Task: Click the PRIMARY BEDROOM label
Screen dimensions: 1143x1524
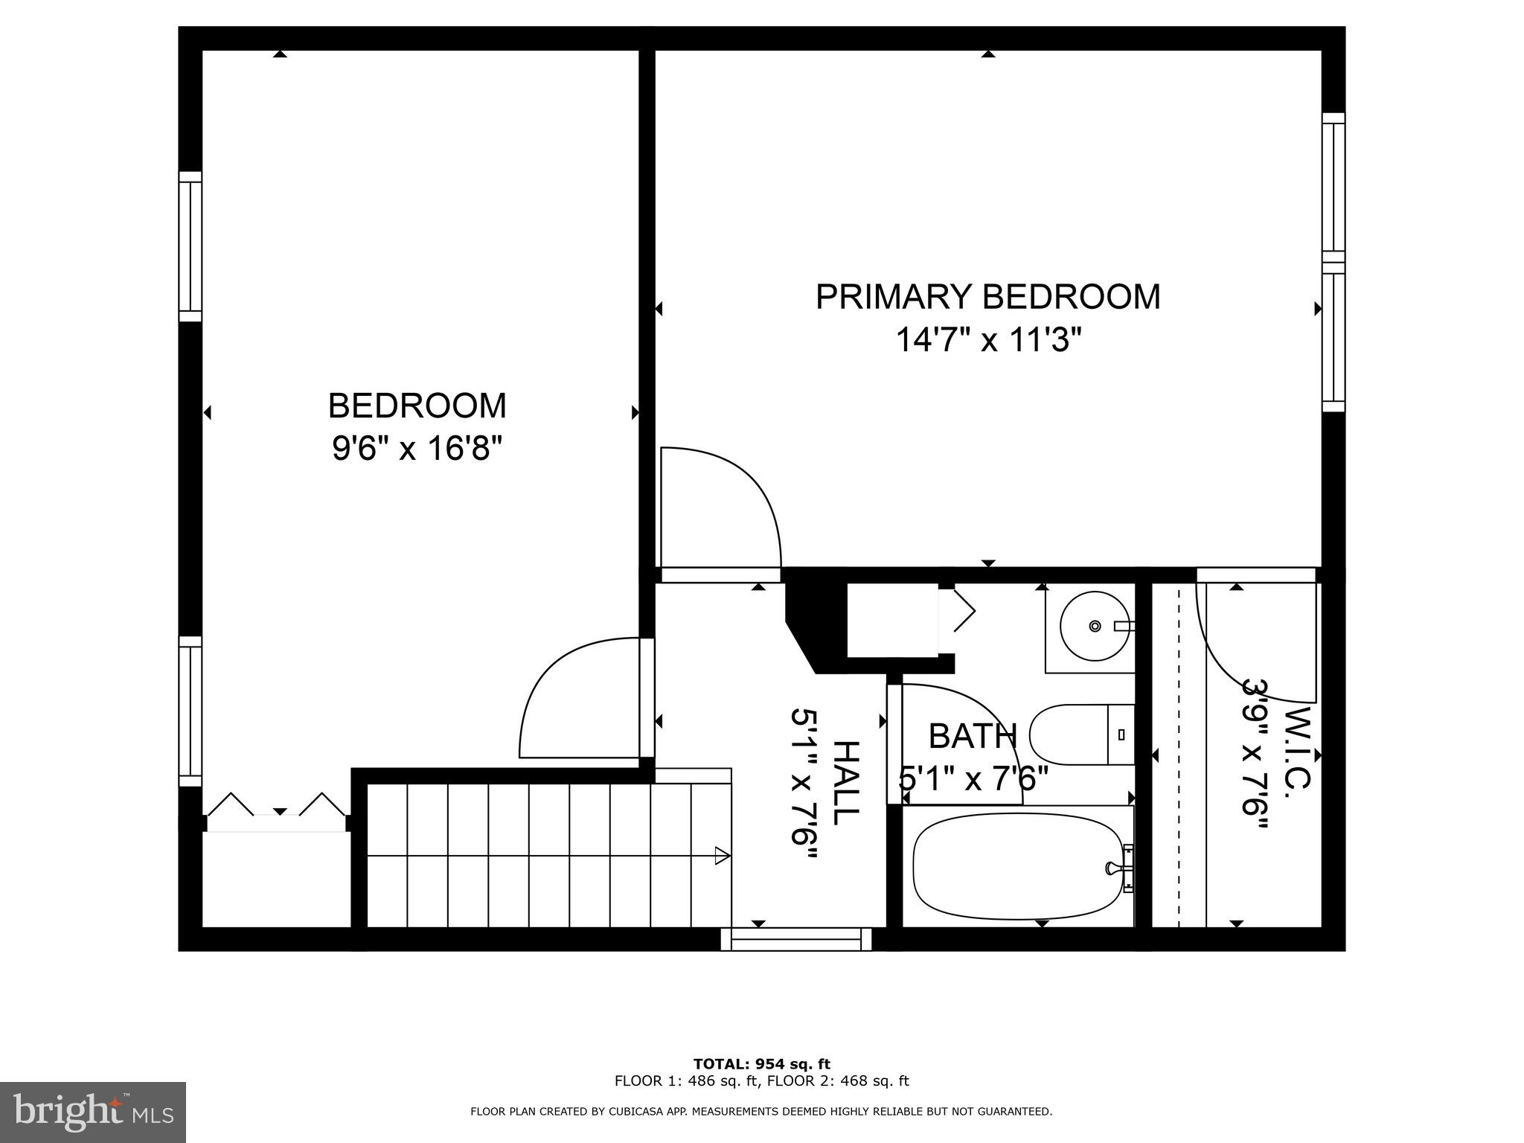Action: click(x=987, y=297)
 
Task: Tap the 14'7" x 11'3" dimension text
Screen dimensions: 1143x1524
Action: click(x=987, y=342)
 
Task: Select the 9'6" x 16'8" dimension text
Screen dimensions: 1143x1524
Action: click(x=417, y=449)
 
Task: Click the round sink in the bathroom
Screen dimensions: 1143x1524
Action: click(x=1095, y=627)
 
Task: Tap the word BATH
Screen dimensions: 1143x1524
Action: click(x=972, y=737)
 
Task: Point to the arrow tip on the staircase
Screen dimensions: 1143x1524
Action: click(x=722, y=856)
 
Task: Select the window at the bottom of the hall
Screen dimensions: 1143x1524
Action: click(x=795, y=939)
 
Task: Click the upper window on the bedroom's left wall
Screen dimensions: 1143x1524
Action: click(x=190, y=246)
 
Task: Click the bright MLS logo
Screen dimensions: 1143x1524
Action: click(x=92, y=1112)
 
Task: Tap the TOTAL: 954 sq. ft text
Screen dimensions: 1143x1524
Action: click(x=761, y=1064)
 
